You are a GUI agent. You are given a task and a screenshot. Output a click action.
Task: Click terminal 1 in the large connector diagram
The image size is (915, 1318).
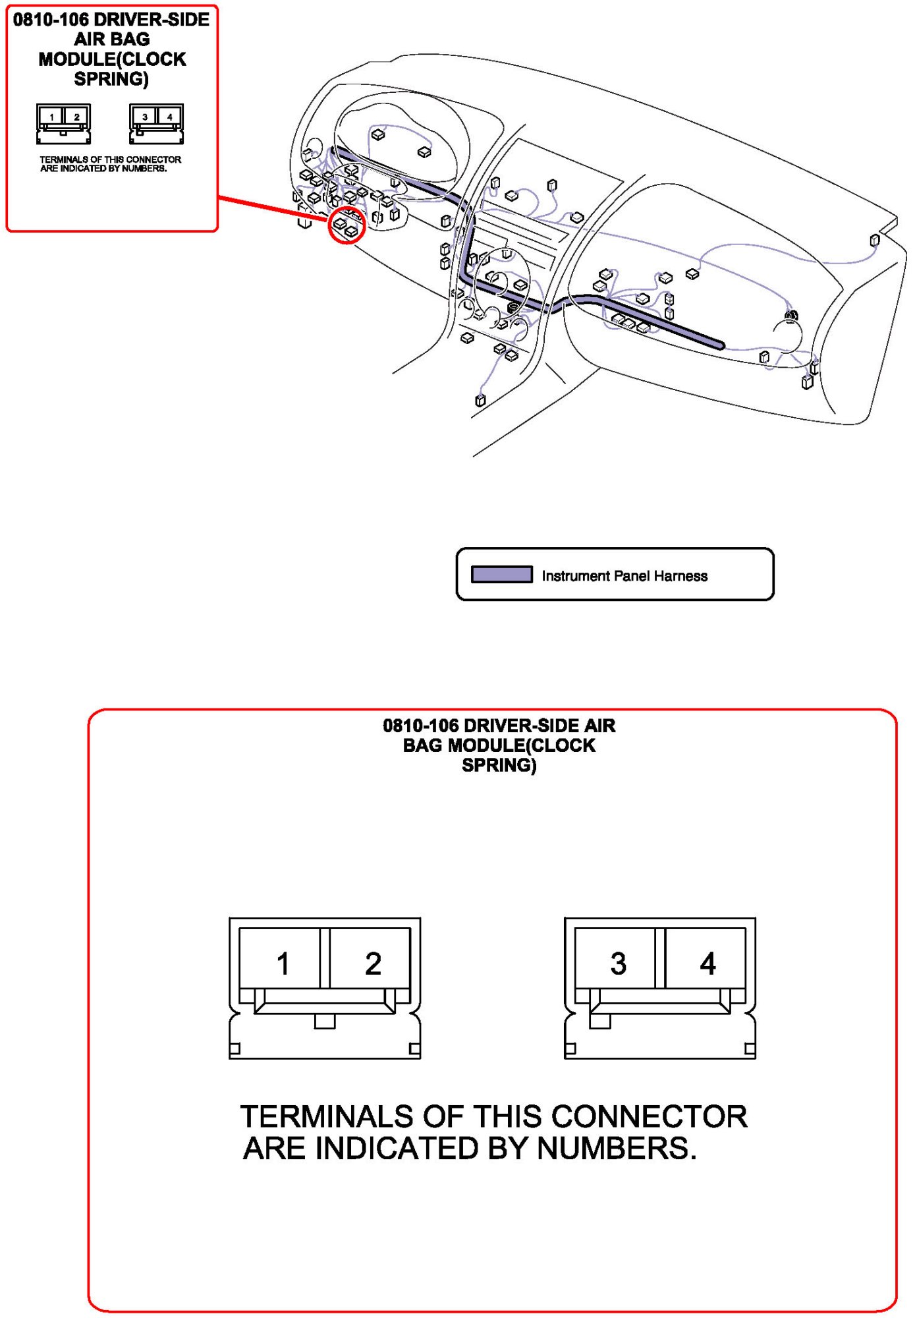pos(282,964)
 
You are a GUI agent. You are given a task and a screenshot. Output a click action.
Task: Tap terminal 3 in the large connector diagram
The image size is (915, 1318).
pos(619,964)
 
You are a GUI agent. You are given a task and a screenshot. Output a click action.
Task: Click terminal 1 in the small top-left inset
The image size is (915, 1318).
pos(51,117)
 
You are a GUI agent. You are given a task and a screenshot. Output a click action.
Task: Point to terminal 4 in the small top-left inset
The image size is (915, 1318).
pos(169,117)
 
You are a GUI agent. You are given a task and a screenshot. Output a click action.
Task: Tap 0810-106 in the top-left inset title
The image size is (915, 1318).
pos(51,20)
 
